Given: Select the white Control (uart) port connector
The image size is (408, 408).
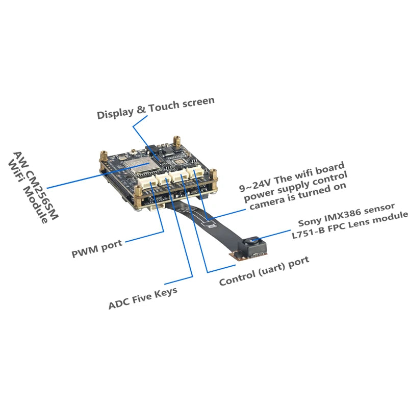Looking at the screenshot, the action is (179, 175).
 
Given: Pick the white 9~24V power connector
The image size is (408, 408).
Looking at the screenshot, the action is (195, 171).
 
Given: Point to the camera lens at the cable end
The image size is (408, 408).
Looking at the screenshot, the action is (252, 241).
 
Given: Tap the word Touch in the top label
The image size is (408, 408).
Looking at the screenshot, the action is (164, 106).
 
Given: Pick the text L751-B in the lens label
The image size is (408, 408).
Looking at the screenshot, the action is (309, 232).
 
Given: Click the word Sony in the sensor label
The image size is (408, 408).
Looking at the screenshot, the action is (309, 222).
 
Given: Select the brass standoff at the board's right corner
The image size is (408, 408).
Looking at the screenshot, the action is (213, 177).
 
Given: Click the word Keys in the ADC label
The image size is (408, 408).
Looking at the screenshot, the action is (166, 293).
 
